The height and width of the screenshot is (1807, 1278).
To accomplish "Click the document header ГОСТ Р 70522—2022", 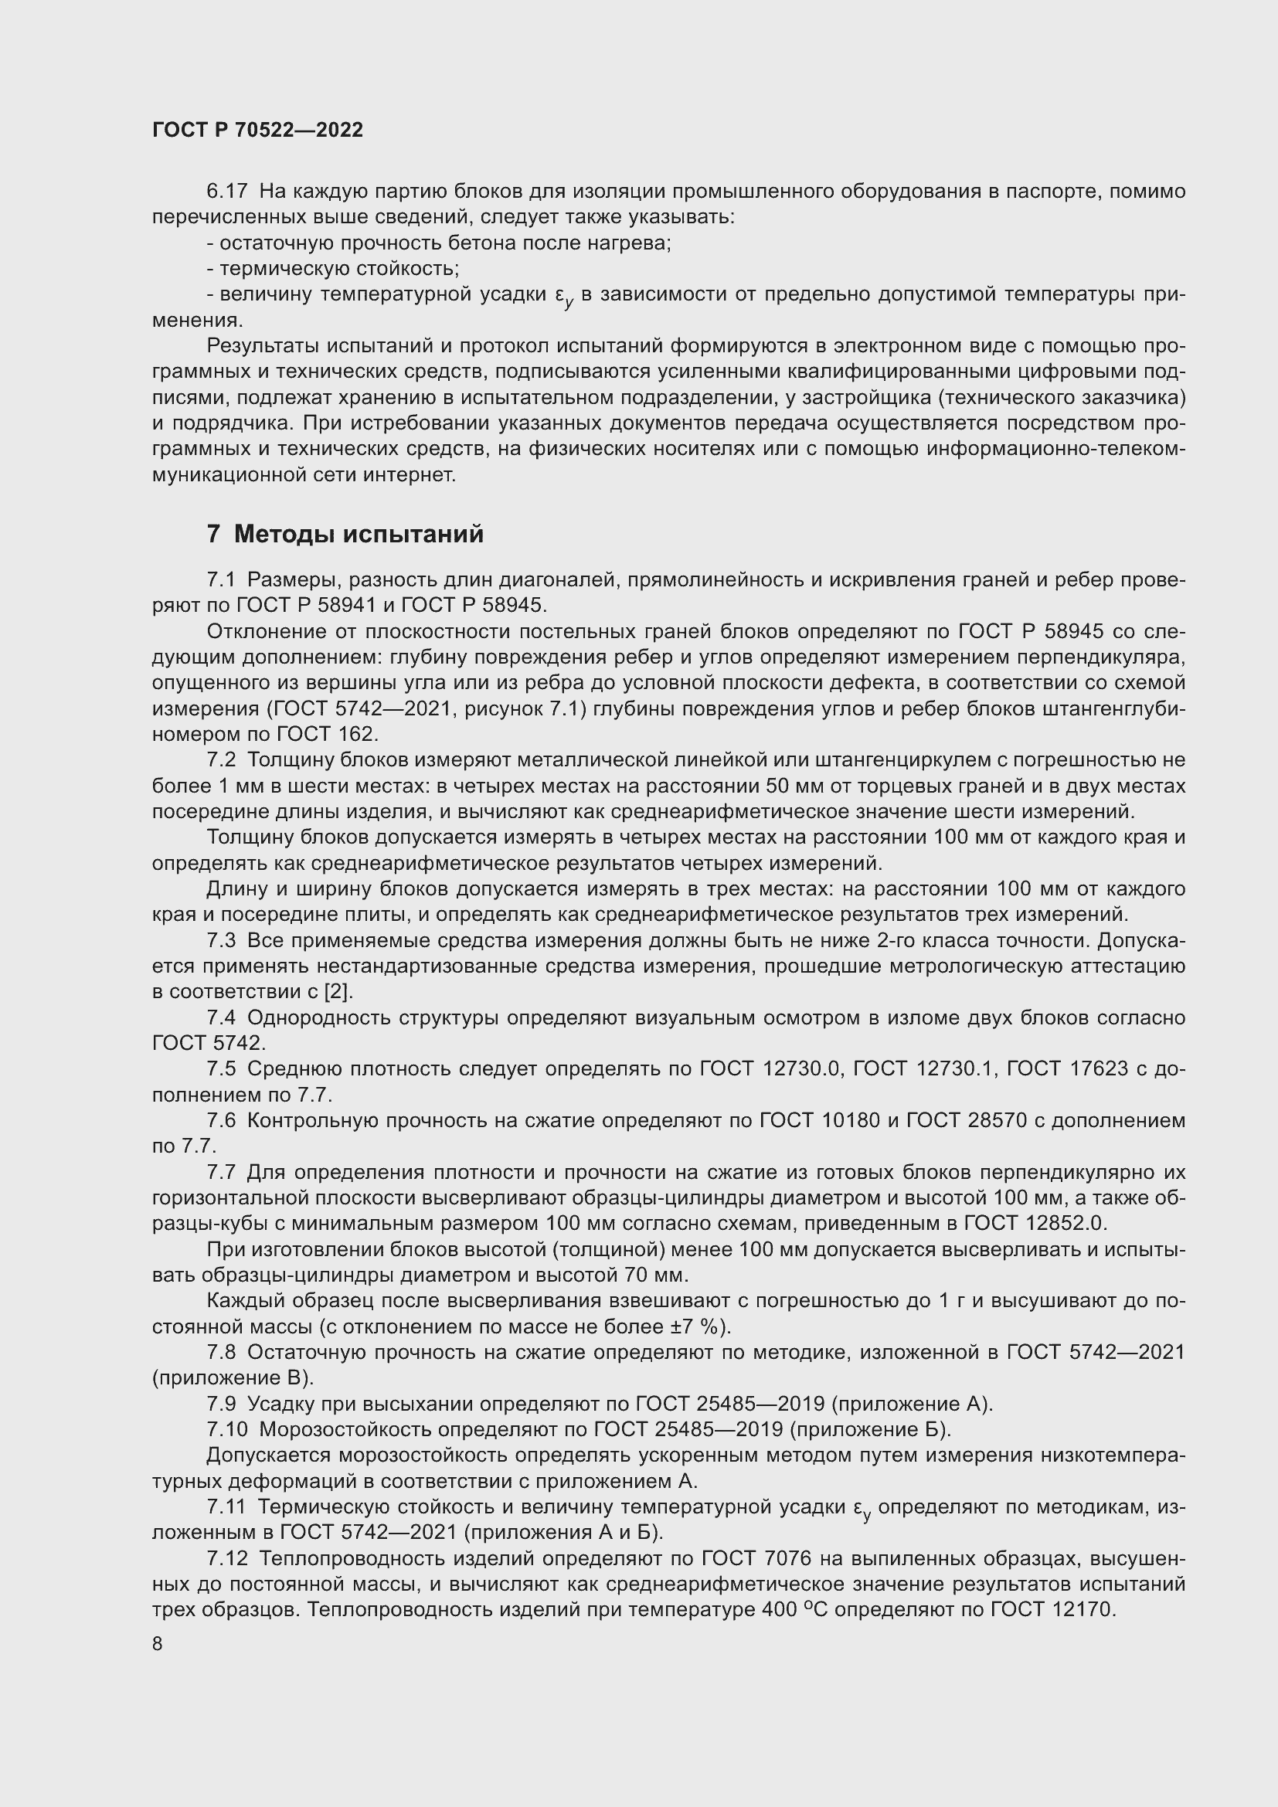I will (x=257, y=131).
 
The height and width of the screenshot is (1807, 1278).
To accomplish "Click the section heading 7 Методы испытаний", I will (x=345, y=535).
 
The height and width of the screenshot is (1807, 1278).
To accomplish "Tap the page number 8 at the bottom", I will (x=158, y=1644).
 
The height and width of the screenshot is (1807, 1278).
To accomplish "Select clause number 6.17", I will (x=226, y=192).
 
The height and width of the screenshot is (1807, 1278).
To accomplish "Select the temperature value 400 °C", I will (x=795, y=1609).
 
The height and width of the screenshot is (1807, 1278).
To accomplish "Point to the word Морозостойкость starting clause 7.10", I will (x=345, y=1429).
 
